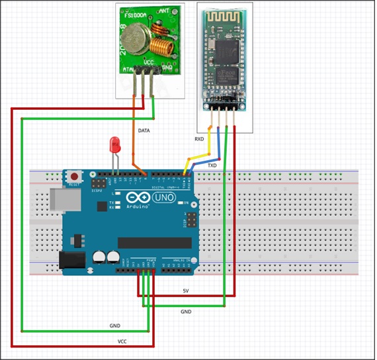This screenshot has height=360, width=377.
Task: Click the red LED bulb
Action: tap(115, 144)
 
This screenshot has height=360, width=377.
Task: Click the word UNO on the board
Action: tap(161, 198)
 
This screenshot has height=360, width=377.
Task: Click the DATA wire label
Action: tap(144, 131)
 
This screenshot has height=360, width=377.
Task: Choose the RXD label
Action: tap(199, 140)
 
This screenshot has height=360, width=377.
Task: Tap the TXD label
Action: tap(212, 165)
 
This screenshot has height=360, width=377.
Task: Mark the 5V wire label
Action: tap(187, 292)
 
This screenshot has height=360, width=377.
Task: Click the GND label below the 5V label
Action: tap(187, 311)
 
